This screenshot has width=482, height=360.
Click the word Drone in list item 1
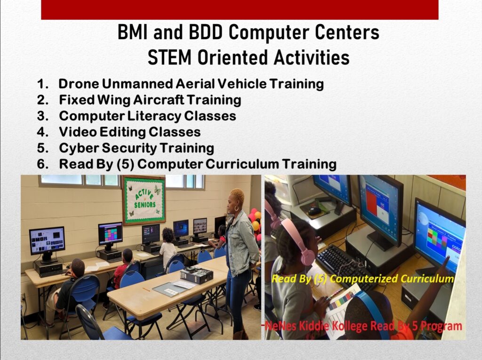pos(79,84)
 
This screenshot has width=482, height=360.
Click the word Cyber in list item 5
pos(79,148)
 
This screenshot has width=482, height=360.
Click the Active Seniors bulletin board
pos(144,200)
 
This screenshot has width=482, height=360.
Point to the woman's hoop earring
pos(237,208)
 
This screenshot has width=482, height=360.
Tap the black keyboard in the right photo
pos(344,266)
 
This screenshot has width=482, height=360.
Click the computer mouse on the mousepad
pos(314,211)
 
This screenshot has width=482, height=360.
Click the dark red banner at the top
pos(240,10)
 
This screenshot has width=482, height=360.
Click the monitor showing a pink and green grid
pos(110,233)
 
